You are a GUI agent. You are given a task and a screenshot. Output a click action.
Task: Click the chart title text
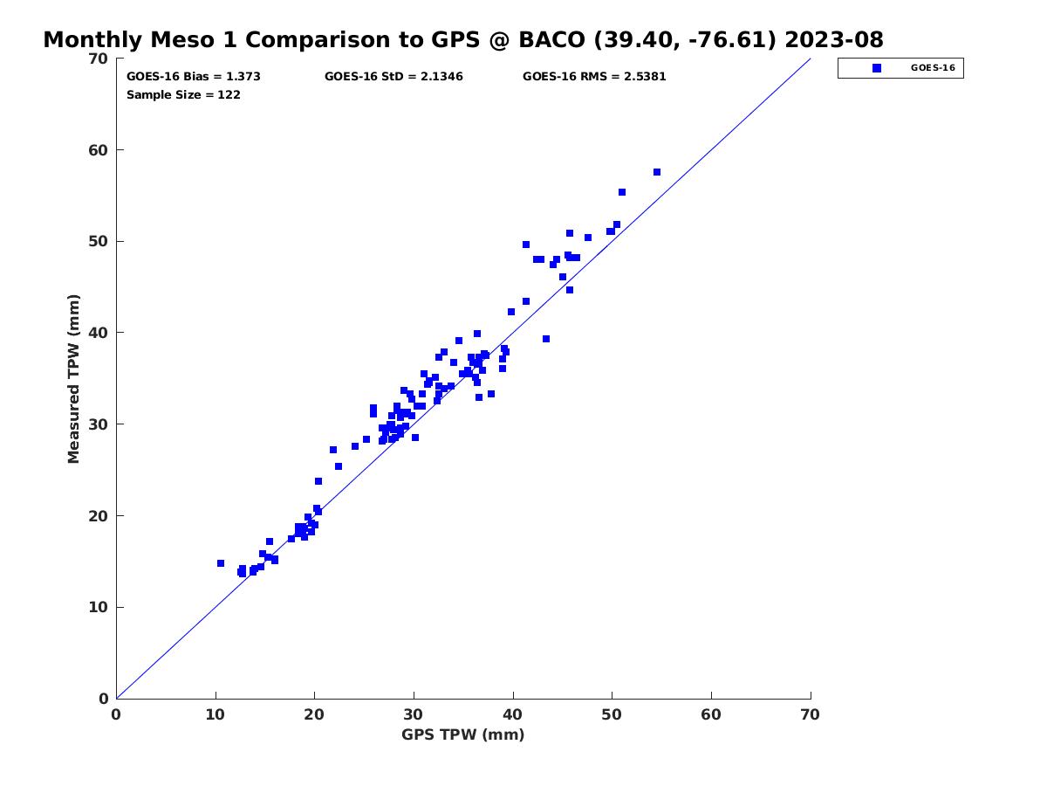pos(463,40)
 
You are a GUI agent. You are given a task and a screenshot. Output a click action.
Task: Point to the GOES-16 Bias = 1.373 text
pos(194,77)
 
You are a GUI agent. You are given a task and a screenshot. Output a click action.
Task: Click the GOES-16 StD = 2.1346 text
pos(393,77)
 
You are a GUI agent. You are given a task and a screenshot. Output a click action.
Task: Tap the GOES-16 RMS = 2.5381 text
pos(594,77)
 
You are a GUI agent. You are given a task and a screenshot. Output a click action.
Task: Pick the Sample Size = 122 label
pos(183,95)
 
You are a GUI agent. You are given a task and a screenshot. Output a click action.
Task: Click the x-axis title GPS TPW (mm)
pos(463,734)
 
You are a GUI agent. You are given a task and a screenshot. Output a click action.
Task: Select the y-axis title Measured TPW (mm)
pos(74,378)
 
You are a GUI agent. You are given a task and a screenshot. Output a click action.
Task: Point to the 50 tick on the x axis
pos(612,714)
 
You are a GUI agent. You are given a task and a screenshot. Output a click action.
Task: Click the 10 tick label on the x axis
pos(216,714)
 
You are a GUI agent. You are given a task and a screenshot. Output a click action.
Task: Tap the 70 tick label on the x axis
pos(811,714)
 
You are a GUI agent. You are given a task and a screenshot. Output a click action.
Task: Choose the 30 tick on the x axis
pos(414,714)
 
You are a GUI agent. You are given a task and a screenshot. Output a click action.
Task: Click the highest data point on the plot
pos(657,172)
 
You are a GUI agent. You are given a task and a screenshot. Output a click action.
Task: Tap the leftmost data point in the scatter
pos(221,563)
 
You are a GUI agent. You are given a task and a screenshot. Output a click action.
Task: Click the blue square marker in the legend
pos(877,68)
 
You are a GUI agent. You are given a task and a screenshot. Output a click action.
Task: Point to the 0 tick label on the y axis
pos(103,699)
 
